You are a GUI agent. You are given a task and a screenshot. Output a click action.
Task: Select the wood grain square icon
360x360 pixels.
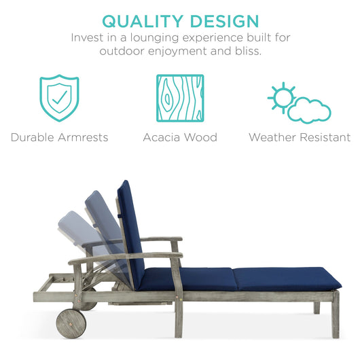[180, 98]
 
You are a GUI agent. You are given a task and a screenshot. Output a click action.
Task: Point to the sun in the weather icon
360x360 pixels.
[281, 97]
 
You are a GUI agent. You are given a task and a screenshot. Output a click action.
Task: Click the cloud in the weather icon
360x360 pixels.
[310, 111]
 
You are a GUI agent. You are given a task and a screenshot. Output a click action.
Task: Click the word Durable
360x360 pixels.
[33, 137]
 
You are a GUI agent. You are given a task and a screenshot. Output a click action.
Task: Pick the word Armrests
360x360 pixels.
[84, 137]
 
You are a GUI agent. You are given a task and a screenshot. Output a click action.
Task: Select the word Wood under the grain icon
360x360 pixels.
[202, 137]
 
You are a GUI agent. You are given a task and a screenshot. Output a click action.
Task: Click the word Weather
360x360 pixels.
[272, 137]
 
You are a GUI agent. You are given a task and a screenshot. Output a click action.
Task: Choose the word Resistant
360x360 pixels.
[325, 137]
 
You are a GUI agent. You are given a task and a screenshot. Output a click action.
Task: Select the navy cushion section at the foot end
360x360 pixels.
[285, 277]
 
